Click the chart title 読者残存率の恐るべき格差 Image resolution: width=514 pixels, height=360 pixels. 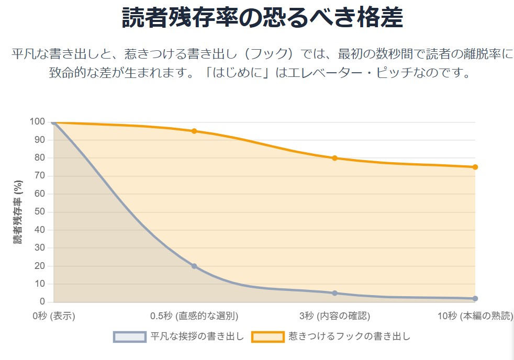[262, 18]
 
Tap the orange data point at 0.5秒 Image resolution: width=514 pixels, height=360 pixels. [194, 131]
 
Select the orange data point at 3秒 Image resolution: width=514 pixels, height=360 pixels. [334, 158]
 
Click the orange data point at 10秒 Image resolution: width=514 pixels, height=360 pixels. [475, 167]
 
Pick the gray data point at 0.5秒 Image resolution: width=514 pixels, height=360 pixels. [194, 266]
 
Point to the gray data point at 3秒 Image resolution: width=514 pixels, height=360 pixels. [334, 293]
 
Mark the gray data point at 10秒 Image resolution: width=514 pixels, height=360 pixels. [475, 299]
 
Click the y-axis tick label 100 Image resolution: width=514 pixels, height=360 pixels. [38, 122]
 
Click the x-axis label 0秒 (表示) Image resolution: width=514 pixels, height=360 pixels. [54, 316]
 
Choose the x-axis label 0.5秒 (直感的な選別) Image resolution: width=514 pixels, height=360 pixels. [194, 316]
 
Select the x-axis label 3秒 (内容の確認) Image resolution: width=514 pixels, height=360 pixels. [334, 316]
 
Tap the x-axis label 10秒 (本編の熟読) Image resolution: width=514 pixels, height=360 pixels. [475, 316]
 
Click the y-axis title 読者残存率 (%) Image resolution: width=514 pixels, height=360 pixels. [18, 212]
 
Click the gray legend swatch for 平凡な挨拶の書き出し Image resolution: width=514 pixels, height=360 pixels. [129, 336]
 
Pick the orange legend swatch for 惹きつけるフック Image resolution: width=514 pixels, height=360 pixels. [267, 336]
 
